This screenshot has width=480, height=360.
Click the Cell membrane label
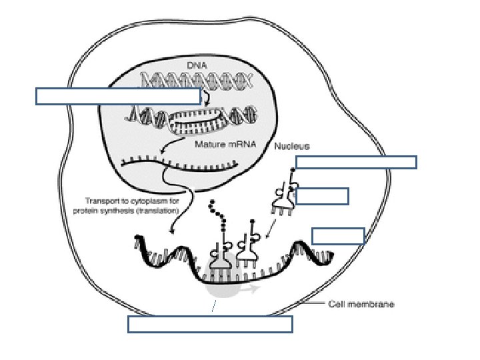[x=361, y=305]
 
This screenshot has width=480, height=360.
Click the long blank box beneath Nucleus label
[x=356, y=162]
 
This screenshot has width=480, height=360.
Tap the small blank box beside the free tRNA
[x=322, y=195]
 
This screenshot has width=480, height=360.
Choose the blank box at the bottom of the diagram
[x=209, y=324]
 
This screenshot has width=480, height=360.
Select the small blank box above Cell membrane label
[x=338, y=235]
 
